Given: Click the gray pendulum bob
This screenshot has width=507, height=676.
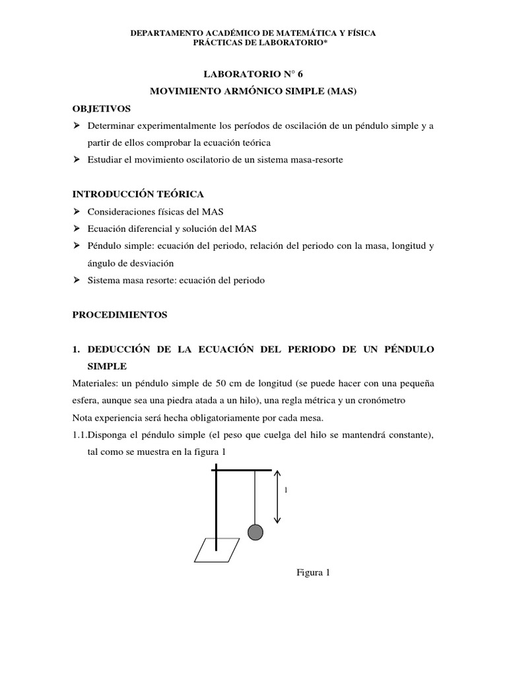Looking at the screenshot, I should [x=255, y=532].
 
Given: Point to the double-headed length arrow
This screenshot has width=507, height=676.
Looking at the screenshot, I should [x=278, y=496].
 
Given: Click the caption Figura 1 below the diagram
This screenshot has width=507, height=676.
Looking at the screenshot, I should [x=313, y=572].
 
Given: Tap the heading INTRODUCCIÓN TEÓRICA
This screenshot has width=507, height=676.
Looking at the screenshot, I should [x=138, y=194].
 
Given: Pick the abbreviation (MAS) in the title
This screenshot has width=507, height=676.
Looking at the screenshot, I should [x=341, y=91].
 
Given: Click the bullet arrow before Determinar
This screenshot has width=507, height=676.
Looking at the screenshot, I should [x=76, y=125].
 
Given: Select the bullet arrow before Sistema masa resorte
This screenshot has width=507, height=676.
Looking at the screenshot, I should [x=76, y=281].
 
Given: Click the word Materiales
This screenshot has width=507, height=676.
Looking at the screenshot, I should [x=95, y=384].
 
